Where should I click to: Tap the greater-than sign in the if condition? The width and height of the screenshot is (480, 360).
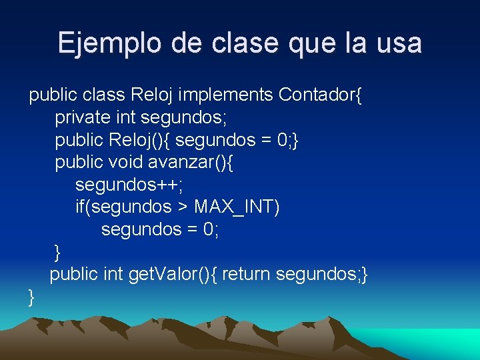click(x=183, y=207)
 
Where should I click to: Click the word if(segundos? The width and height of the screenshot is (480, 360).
click(x=123, y=207)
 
